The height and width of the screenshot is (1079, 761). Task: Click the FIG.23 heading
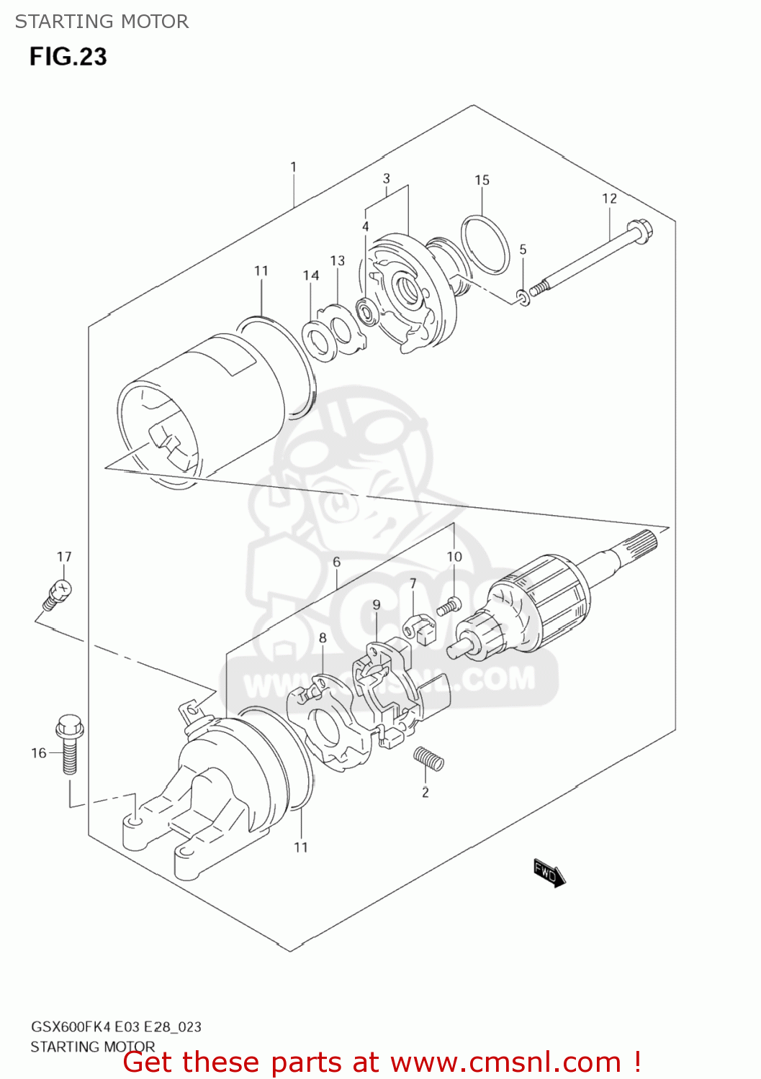pyautogui.click(x=68, y=57)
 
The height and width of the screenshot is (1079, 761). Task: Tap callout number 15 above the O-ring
pyautogui.click(x=482, y=180)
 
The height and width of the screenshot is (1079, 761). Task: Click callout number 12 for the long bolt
pyautogui.click(x=609, y=199)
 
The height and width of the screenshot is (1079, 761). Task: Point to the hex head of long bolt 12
pyautogui.click(x=639, y=232)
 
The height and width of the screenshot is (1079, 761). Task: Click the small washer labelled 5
pyautogui.click(x=524, y=296)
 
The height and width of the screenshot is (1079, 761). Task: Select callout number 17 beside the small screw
pyautogui.click(x=64, y=557)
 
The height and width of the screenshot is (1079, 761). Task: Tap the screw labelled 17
pyautogui.click(x=57, y=593)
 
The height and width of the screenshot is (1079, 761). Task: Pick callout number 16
pyautogui.click(x=38, y=753)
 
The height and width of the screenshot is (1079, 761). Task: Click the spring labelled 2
pyautogui.click(x=428, y=758)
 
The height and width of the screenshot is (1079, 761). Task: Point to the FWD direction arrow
pyautogui.click(x=549, y=873)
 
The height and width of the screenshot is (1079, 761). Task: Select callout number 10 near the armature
pyautogui.click(x=454, y=557)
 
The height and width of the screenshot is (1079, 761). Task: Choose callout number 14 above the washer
pyautogui.click(x=310, y=276)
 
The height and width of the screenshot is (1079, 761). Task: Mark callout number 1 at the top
pyautogui.click(x=293, y=167)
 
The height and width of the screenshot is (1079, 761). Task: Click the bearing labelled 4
pyautogui.click(x=368, y=313)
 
